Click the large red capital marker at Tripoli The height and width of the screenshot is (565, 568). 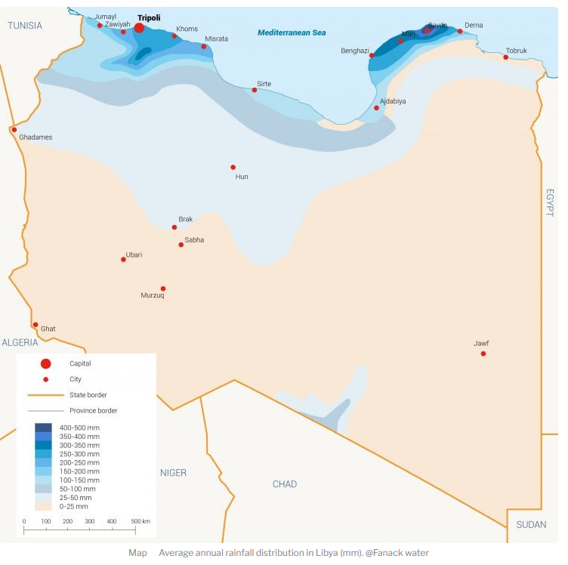[139, 29]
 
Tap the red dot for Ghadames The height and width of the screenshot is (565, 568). [14, 129]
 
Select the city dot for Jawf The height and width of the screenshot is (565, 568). [483, 354]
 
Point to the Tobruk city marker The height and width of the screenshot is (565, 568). [506, 57]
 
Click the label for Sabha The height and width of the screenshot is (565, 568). [194, 240]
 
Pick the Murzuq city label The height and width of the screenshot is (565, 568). [153, 295]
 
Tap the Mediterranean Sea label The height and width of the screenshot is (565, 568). [291, 32]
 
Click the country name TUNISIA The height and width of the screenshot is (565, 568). [25, 26]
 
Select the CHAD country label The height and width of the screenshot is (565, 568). [285, 484]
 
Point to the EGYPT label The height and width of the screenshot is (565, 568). [550, 202]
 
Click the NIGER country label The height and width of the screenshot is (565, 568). [173, 473]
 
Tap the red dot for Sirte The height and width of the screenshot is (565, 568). [255, 90]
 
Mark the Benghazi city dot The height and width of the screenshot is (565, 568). [371, 55]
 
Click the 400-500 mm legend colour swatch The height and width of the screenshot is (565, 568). [44, 428]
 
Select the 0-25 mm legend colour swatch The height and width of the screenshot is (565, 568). [44, 506]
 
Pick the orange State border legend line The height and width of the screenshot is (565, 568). [45, 395]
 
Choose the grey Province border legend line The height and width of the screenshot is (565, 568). [45, 411]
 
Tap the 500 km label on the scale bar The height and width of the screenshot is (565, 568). [140, 521]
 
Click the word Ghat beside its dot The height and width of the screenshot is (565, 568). [48, 329]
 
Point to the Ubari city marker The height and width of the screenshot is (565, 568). [124, 260]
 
